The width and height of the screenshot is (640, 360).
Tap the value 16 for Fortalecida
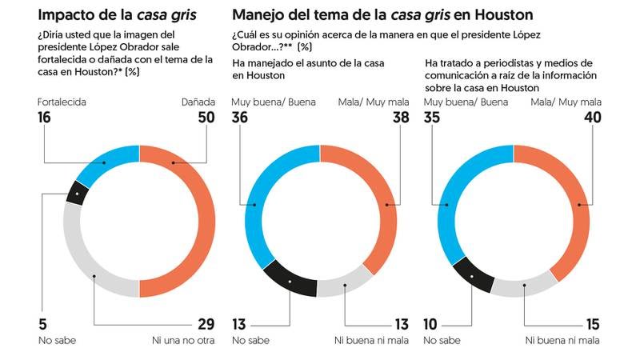coord(46,118)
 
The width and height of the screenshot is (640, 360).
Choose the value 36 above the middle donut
coord(242,118)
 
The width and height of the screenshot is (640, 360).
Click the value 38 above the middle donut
coord(398,118)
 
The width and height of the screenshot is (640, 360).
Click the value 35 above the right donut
coord(432,118)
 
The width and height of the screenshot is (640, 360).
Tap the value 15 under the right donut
coord(591,324)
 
